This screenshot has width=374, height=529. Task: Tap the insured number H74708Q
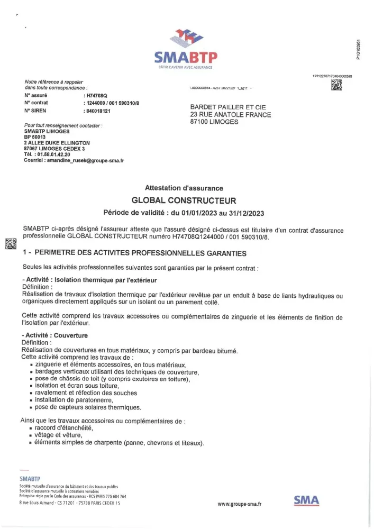click(x=96, y=95)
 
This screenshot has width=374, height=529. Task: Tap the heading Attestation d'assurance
click(x=184, y=188)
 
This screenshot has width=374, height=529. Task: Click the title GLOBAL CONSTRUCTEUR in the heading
click(x=184, y=200)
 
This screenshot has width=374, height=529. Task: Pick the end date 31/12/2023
click(x=245, y=213)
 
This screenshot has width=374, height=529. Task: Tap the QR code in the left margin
click(x=11, y=244)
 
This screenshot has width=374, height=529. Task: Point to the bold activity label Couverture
click(x=71, y=335)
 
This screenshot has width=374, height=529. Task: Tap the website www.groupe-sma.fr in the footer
click(x=239, y=504)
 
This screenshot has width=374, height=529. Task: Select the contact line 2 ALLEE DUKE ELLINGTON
click(x=57, y=143)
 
